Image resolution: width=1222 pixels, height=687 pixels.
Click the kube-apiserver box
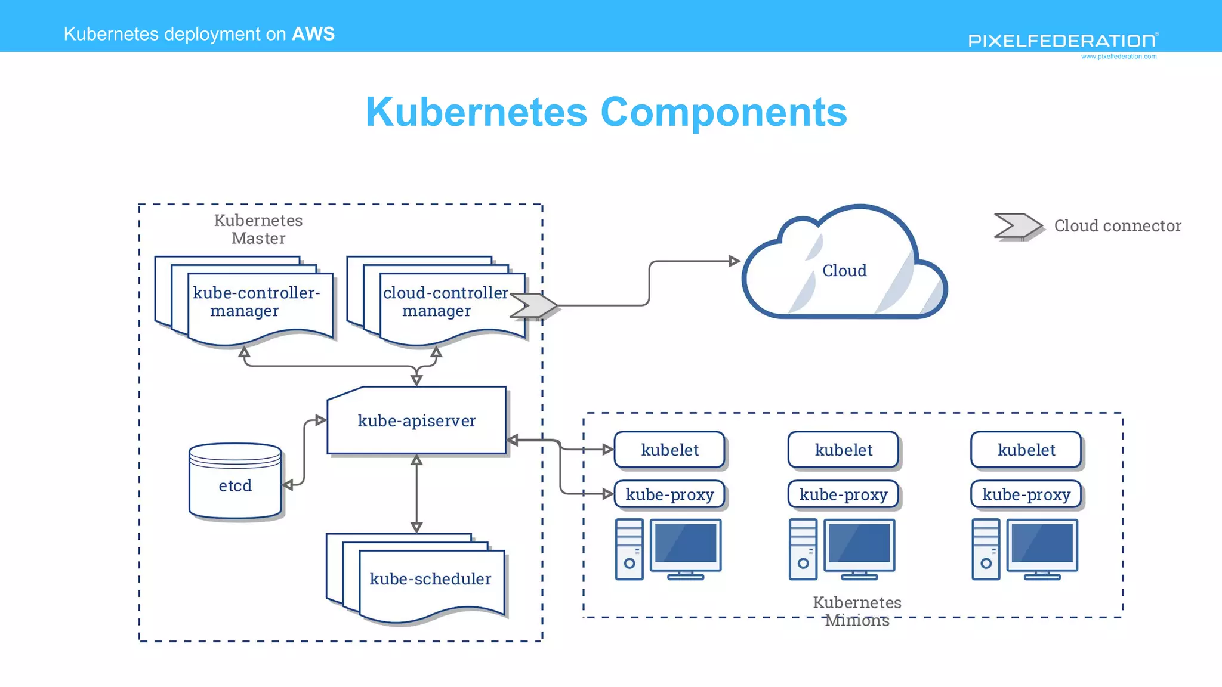pos(416,421)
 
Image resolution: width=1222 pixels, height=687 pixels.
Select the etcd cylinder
pos(235,482)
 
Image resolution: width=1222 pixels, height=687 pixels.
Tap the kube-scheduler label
pos(430,579)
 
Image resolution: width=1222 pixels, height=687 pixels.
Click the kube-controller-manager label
pos(257,302)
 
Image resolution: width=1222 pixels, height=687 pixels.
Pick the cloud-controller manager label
pos(445,302)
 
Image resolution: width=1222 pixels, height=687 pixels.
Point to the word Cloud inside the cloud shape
pos(844,271)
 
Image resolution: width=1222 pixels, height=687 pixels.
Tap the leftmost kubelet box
pos(669,450)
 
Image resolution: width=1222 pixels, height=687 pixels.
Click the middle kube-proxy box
pos(843,495)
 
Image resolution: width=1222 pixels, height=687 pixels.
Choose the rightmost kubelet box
pos(1026,450)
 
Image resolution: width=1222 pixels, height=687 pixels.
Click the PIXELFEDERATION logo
pos(1062,41)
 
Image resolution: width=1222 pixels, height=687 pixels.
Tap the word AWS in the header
pos(313,34)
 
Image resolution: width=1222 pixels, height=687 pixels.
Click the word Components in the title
pos(723,112)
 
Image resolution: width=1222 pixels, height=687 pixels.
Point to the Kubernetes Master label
pos(258,230)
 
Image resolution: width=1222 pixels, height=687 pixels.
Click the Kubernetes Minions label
pos(857,611)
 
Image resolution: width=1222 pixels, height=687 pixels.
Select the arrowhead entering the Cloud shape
pos(735,261)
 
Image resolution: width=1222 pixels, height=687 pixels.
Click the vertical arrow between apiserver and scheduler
pos(416,494)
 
